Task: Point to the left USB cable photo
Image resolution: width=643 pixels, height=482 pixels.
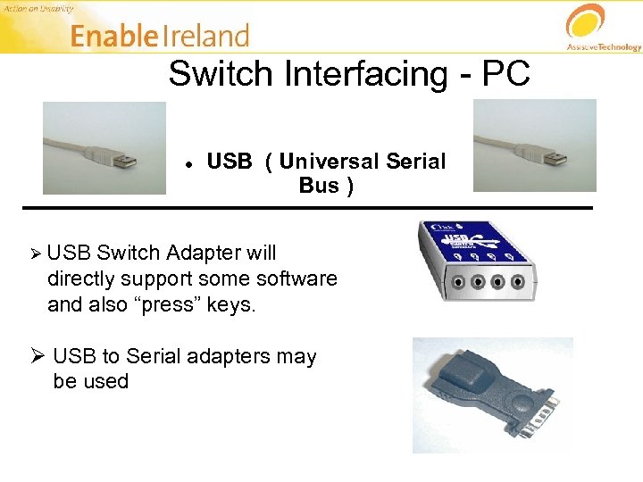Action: coord(104,147)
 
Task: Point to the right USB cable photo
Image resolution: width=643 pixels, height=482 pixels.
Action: coord(534,145)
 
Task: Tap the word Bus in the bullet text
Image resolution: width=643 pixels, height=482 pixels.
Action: coord(319,186)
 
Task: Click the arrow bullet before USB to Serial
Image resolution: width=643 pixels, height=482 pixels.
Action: coord(38,356)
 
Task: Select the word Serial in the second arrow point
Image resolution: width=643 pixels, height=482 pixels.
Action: coord(154,356)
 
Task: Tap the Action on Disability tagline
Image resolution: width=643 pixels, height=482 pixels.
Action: coord(38,7)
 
